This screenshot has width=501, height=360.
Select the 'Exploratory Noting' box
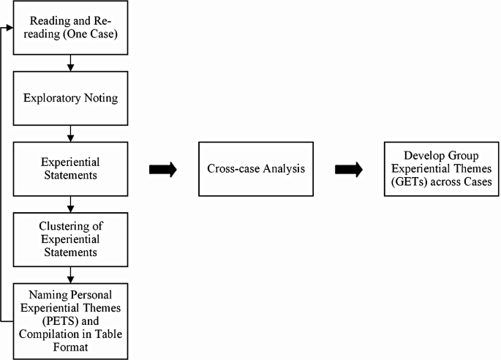[69, 97]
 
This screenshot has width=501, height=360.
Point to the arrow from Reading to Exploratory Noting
[69, 65]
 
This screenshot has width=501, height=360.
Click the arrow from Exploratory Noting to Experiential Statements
[69, 133]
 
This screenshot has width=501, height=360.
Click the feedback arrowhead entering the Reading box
[10, 29]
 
